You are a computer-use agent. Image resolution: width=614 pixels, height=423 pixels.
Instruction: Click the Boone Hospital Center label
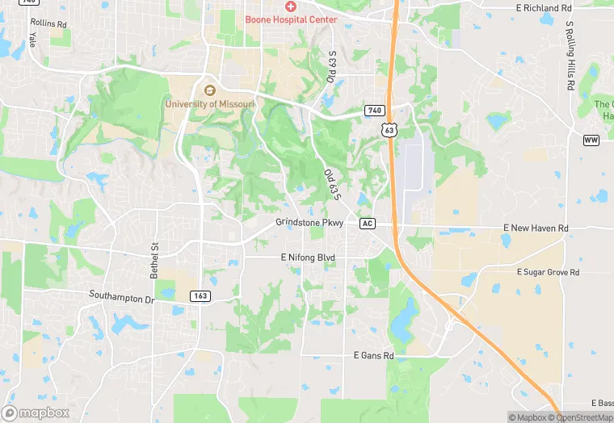(291, 19)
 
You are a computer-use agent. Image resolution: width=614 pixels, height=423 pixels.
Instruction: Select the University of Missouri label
(210, 104)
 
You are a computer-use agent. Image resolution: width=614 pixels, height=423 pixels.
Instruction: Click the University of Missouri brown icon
(210, 90)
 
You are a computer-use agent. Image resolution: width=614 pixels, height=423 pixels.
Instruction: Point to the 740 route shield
(373, 110)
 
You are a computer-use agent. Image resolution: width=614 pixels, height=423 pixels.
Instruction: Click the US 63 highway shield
(390, 129)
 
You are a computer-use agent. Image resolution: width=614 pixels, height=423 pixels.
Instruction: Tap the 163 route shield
(200, 296)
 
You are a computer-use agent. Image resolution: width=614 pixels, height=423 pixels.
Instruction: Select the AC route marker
(368, 223)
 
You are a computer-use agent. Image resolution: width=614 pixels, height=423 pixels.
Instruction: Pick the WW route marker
(591, 140)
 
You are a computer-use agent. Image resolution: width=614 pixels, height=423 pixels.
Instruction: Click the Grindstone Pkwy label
(309, 222)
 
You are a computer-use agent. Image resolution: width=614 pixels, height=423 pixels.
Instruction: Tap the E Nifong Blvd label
(307, 258)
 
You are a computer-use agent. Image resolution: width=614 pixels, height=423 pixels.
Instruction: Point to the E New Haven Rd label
(536, 228)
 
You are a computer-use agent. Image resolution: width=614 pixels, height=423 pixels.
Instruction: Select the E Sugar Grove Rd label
(549, 273)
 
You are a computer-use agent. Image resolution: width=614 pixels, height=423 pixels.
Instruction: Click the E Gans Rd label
(373, 355)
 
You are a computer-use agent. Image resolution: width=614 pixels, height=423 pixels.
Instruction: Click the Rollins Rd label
(48, 23)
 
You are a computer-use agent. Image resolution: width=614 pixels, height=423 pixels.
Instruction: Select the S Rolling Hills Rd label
(570, 56)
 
